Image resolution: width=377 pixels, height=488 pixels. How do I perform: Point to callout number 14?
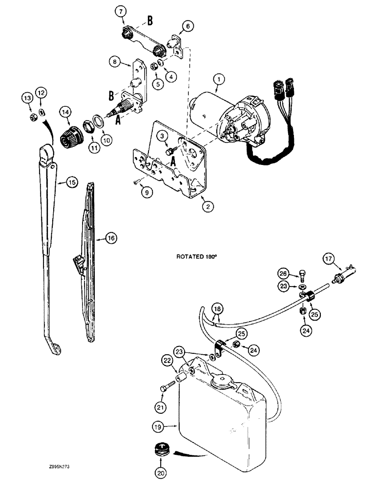click(x=64, y=112)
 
